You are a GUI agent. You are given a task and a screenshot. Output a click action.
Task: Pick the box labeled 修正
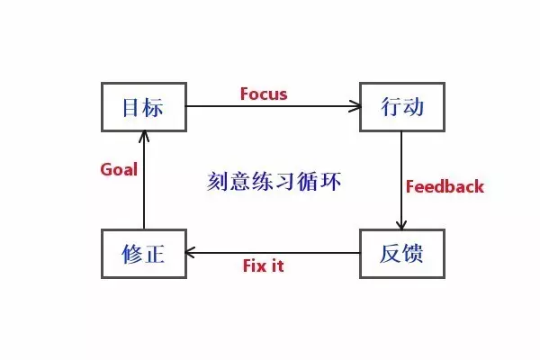pos(143,253)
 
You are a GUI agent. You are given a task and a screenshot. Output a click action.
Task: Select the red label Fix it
pos(264,266)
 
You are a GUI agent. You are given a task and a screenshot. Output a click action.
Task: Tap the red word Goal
pos(118,168)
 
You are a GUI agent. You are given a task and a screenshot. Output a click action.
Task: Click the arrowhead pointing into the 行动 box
pos(355,107)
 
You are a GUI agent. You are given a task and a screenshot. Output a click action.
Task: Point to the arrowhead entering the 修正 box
pos(192,253)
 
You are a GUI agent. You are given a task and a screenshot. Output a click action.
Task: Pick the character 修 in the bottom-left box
pos(131,253)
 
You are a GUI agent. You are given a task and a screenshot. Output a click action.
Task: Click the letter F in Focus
pos(245,94)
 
